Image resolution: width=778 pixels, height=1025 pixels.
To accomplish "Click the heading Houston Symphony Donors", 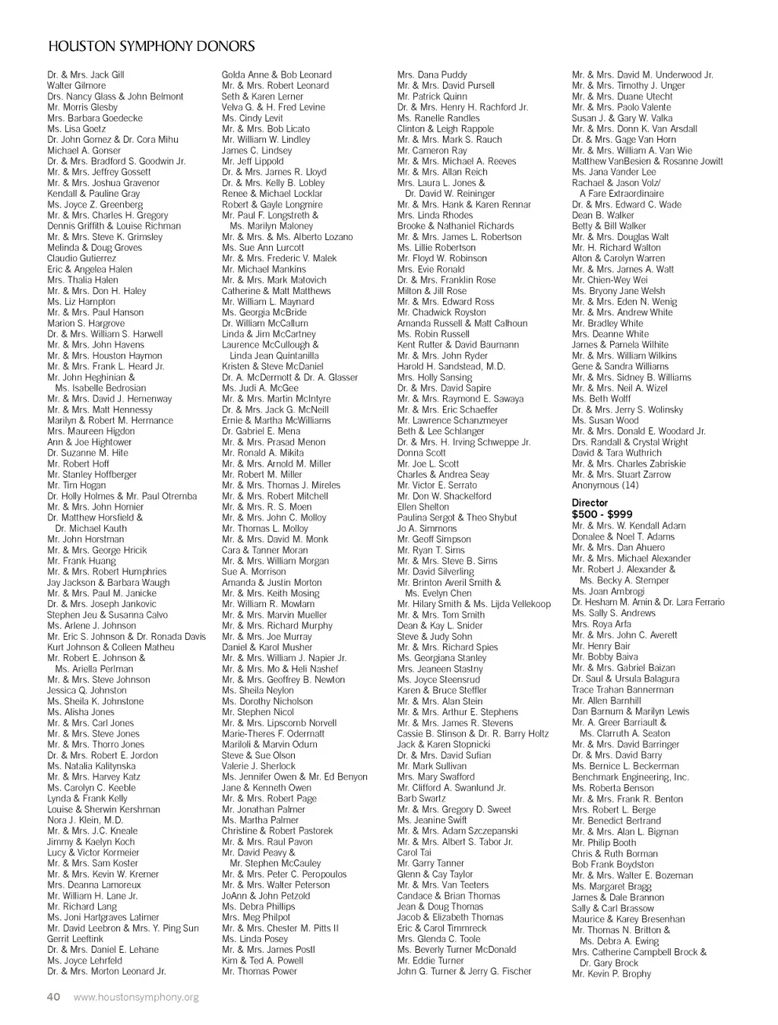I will pos(151,46).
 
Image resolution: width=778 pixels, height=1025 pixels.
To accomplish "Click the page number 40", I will pos(54,997).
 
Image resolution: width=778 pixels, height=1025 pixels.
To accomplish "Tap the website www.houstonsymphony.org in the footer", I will pos(136,997).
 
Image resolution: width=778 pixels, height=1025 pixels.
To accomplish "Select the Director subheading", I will pos(590,503).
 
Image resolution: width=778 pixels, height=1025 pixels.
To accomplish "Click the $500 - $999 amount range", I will pos(602,514).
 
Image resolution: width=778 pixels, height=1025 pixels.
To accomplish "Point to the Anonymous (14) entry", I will pos(605,486).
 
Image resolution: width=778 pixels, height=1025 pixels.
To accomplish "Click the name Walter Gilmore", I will pos(77,86).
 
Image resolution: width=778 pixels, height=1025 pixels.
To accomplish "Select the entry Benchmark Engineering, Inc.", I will pos(630,777).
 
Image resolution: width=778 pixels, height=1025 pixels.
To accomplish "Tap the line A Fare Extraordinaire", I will pos(621,194).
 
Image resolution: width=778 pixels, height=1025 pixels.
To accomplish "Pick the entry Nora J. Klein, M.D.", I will pos(85,821).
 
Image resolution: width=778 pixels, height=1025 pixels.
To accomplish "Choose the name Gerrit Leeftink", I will pos(75,939).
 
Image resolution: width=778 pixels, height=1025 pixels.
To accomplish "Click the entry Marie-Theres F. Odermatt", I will pos(273,734).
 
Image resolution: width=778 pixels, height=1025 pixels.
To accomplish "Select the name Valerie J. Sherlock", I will pos(259,767).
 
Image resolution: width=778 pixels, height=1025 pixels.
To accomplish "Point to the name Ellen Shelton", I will pos(422,507).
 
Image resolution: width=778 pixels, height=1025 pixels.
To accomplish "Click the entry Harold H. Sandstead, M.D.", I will pos(451,366).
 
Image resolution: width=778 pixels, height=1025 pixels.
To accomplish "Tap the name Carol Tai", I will pos(413,853).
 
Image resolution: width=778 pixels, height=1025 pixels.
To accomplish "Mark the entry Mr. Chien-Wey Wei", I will pos(609,280).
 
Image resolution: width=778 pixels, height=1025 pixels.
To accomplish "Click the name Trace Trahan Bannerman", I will pos(622,690).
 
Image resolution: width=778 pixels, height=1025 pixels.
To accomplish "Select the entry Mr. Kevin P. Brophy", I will pos(611,974).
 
